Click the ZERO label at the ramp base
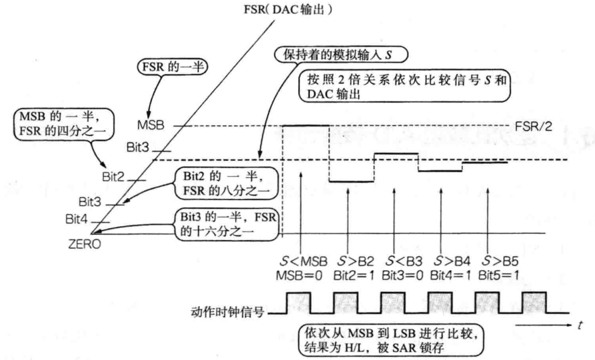pyautogui.click(x=85, y=245)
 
